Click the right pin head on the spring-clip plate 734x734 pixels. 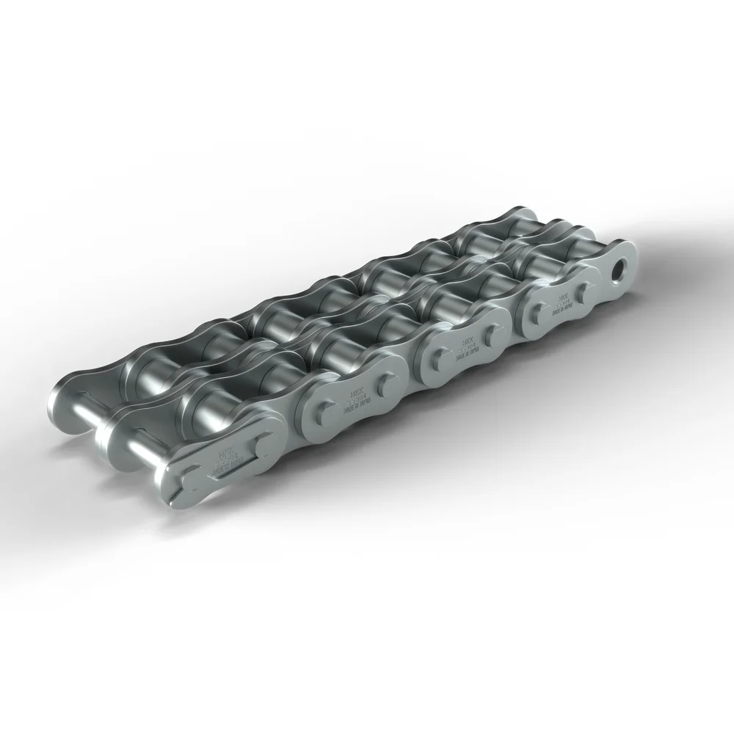pos(261,440)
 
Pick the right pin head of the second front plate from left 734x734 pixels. pos(382,384)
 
